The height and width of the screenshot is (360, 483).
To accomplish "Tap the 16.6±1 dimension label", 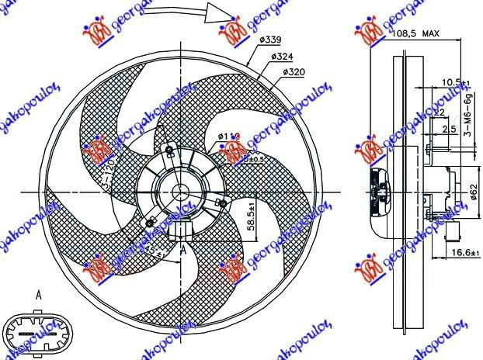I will tap(463, 253).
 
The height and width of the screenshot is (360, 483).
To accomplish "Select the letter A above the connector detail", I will tap(39, 293).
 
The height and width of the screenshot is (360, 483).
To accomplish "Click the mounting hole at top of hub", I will tap(169, 150).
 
